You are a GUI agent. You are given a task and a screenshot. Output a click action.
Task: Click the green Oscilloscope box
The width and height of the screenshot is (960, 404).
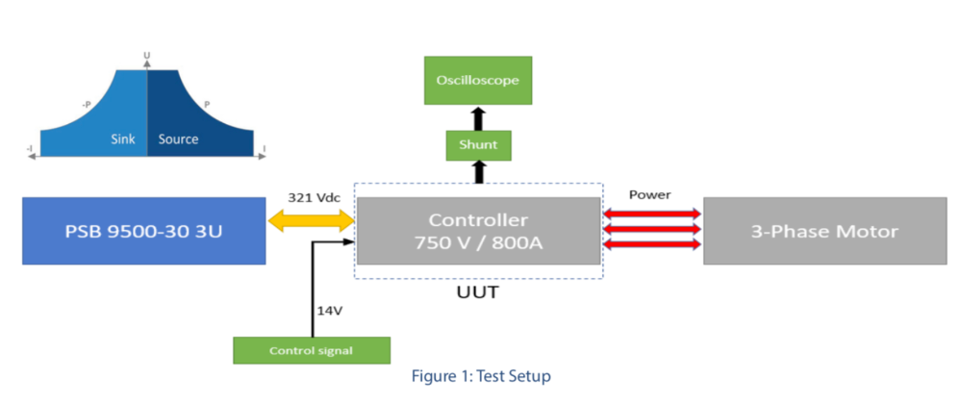coord(478,80)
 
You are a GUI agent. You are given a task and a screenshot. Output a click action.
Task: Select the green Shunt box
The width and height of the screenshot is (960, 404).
coord(478,145)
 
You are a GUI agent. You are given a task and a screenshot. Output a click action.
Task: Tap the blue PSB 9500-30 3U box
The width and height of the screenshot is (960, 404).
coord(144,231)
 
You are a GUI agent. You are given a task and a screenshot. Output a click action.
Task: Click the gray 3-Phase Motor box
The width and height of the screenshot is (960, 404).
coord(824,231)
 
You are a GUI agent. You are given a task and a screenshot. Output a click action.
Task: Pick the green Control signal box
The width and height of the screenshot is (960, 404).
coord(312,350)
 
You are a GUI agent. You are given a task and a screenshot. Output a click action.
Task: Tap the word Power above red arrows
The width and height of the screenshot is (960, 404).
coord(650,194)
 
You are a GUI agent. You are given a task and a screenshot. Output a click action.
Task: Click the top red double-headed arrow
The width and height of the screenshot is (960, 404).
coord(651,214)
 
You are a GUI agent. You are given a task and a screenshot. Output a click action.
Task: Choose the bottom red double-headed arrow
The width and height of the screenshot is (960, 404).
coord(651,244)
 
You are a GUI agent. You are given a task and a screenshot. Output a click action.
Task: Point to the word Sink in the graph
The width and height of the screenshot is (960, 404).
coord(124,139)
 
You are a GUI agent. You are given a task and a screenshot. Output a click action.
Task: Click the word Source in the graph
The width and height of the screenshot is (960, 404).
coord(178,139)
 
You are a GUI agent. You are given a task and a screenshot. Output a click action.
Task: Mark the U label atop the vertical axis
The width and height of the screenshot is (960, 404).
coord(146,57)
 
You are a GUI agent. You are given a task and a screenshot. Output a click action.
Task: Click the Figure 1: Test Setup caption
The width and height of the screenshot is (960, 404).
coord(481,376)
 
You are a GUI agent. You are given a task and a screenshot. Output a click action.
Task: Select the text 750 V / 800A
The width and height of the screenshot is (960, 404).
coord(478,243)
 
